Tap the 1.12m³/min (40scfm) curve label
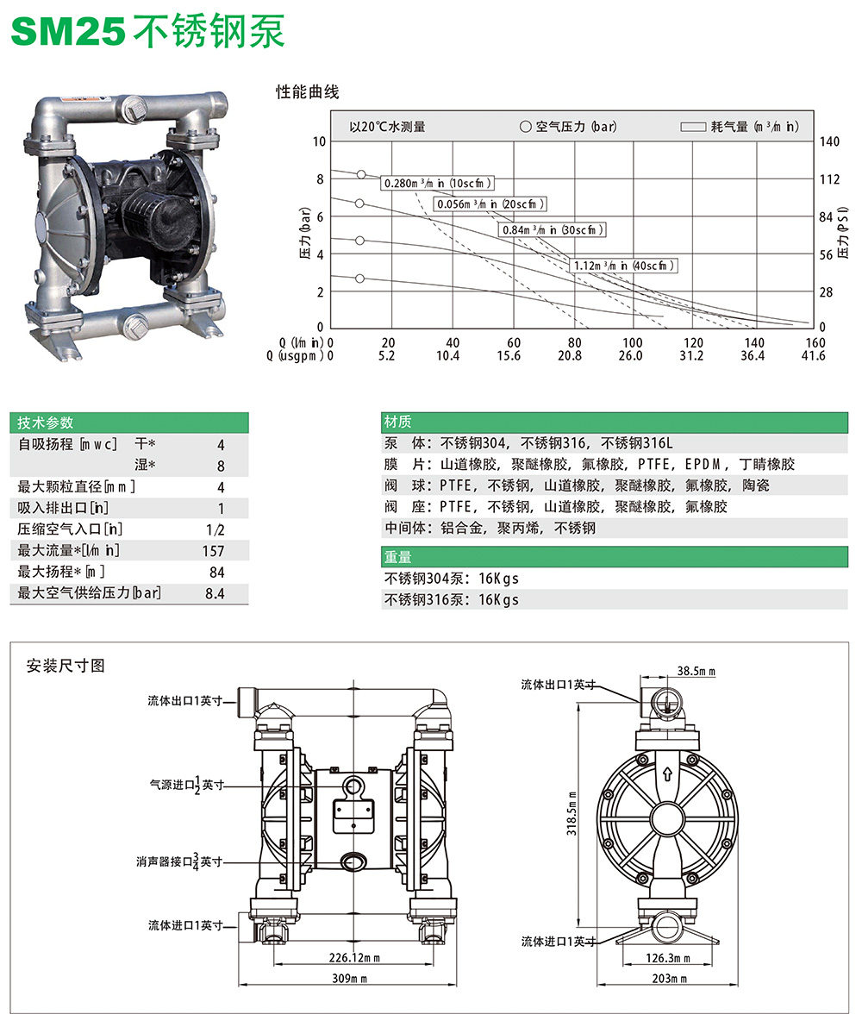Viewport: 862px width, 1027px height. click(x=625, y=266)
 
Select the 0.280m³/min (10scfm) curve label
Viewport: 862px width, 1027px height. click(x=438, y=183)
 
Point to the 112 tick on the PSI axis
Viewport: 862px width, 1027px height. click(x=828, y=179)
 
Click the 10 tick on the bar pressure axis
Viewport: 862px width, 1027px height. click(x=319, y=141)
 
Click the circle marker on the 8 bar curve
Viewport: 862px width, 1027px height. click(x=361, y=174)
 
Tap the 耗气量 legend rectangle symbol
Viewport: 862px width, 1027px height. click(x=694, y=127)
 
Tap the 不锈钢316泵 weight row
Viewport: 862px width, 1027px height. click(x=452, y=599)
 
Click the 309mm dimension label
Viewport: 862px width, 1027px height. click(x=350, y=979)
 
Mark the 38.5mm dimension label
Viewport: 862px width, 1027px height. click(x=696, y=670)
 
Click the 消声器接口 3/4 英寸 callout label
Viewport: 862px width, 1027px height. click(x=179, y=861)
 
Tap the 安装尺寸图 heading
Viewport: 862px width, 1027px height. click(x=66, y=666)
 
